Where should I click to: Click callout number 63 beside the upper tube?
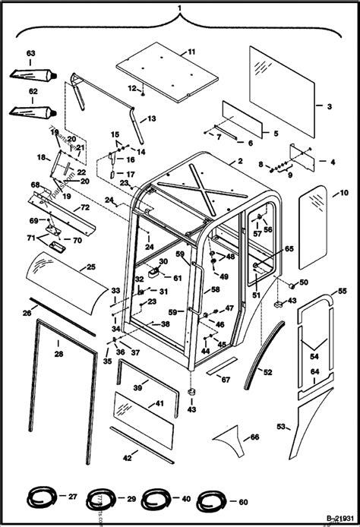pos(31,52)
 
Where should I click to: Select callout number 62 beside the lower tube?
pos(31,90)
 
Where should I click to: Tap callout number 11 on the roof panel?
pos(191,52)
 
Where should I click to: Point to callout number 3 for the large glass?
pos(330,106)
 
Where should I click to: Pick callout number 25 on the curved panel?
pos(90,267)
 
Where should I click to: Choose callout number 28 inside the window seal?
pos(58,352)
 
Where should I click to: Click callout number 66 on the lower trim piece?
pos(254,436)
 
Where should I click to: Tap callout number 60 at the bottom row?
pos(243,501)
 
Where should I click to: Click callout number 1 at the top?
pos(179,8)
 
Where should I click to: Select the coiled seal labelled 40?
pos(156,500)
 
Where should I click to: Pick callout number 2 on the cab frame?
pos(239,162)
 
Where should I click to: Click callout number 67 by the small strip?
pos(225,380)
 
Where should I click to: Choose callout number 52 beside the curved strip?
pos(267,372)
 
